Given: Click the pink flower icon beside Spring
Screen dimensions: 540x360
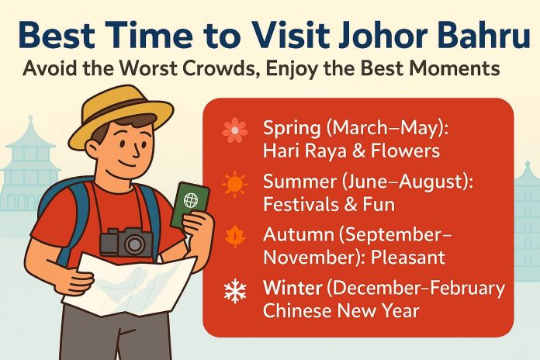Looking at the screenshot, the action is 235,130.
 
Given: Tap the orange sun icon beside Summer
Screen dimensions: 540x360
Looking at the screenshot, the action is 234,184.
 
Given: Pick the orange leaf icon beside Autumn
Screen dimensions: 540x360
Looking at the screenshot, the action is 235,237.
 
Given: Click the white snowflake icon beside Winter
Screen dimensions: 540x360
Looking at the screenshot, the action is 235,292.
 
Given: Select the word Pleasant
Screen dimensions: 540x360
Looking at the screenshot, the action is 407,258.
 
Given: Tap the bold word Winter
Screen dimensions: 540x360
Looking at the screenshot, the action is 292,288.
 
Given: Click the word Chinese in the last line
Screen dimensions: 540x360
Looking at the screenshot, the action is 298,310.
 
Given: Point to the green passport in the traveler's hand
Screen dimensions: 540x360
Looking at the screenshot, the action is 190,206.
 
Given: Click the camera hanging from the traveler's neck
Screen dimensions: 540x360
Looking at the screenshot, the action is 126,242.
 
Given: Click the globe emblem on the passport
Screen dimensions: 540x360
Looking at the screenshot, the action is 191,200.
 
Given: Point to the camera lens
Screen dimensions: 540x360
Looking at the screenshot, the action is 135,244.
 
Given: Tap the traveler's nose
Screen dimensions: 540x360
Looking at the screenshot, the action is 137,150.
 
